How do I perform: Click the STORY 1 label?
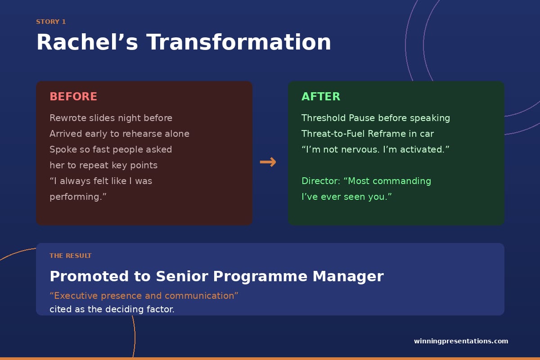51,22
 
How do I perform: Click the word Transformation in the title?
238,42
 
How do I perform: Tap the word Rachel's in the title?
87,42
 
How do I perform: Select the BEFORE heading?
73,96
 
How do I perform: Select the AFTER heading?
321,96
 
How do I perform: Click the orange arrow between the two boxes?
268,162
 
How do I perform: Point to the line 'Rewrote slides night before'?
111,118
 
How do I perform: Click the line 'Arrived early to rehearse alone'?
119,134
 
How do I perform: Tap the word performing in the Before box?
75,197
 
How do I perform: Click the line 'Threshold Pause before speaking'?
376,118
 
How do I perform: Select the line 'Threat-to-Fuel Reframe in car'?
368,134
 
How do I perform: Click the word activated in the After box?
422,149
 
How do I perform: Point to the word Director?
320,181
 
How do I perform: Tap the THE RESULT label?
70,256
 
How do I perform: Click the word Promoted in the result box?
89,276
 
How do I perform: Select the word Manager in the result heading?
348,277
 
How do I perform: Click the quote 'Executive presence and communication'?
144,296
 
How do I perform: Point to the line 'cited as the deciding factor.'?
112,309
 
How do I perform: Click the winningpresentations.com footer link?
461,341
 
